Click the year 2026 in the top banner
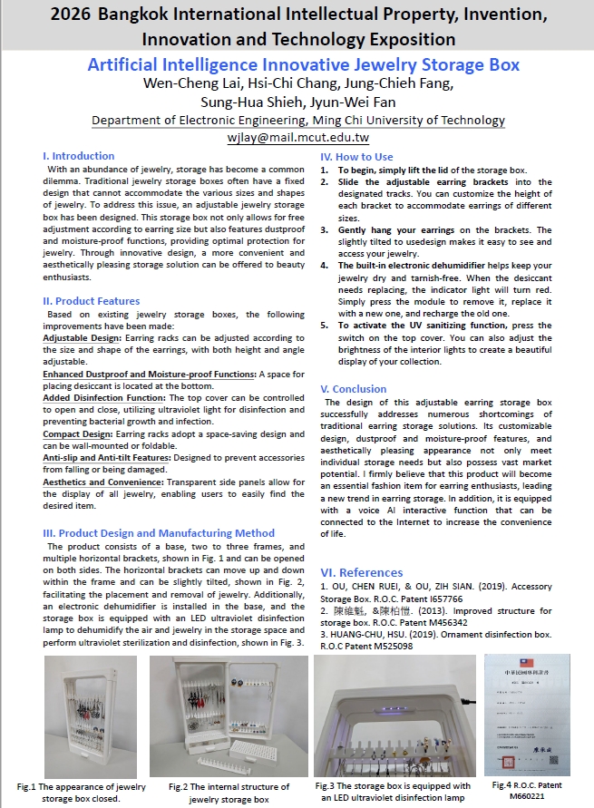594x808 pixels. tap(69, 15)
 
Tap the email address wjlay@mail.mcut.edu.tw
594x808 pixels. tap(298, 138)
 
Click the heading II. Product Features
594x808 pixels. tap(92, 301)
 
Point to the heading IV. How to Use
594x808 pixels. tap(357, 157)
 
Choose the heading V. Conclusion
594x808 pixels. tap(354, 389)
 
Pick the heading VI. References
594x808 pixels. tap(362, 572)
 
